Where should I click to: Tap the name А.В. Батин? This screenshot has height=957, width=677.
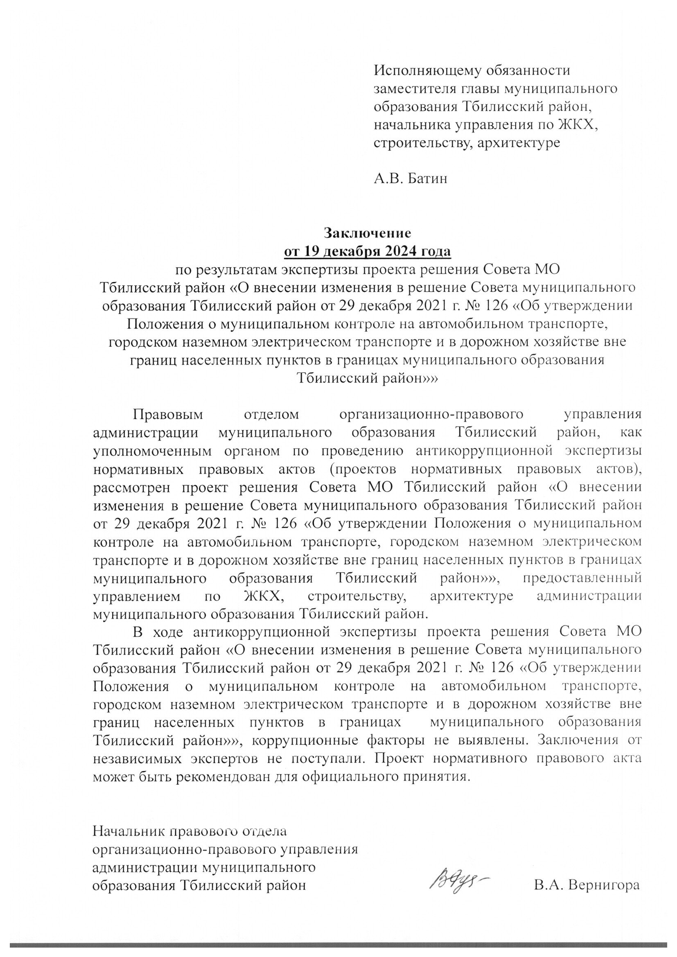click(x=411, y=179)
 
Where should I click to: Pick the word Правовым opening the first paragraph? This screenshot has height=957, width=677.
click(x=168, y=415)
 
